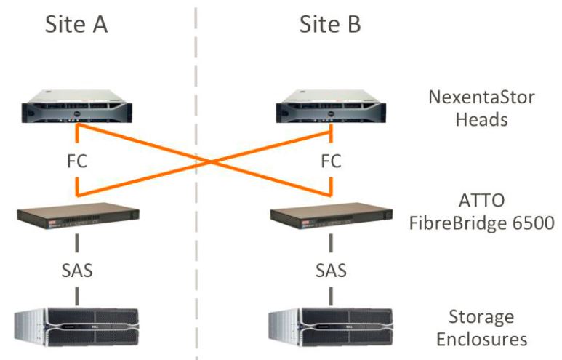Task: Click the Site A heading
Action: (x=76, y=23)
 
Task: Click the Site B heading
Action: (x=330, y=23)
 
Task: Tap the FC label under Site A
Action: (x=76, y=161)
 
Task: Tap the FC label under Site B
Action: (x=331, y=161)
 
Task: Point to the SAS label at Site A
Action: (x=76, y=270)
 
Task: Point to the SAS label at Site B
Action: (x=331, y=270)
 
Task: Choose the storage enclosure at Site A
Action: (x=76, y=326)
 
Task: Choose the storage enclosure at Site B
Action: (x=332, y=326)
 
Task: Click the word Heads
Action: (x=481, y=120)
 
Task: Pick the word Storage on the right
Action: (x=481, y=317)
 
